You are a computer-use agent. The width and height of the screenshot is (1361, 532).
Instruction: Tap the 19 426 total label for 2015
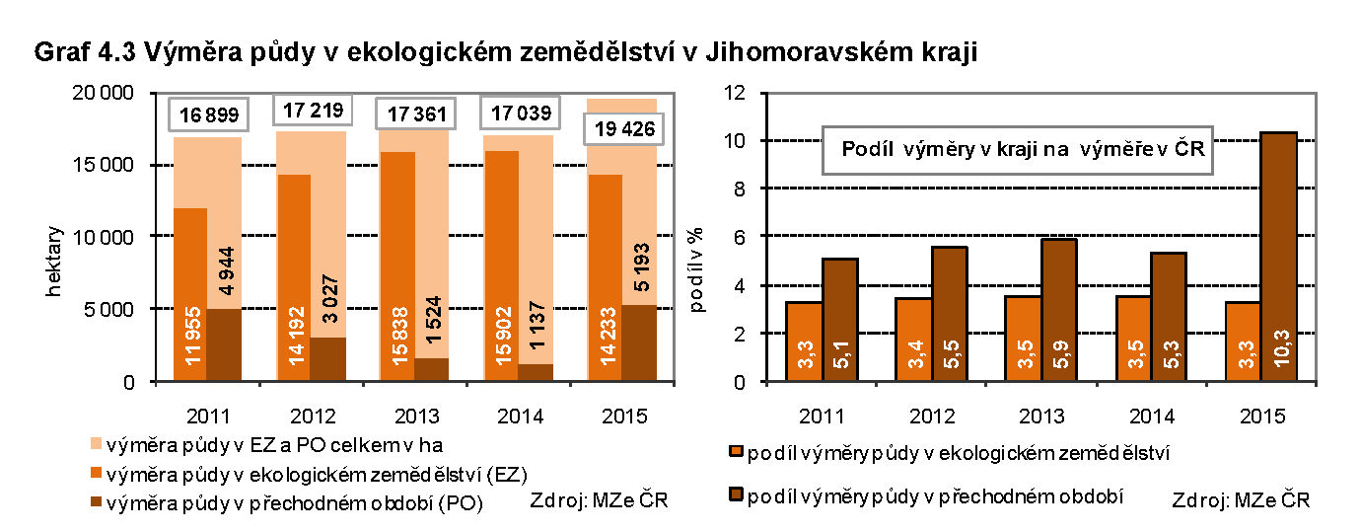click(621, 129)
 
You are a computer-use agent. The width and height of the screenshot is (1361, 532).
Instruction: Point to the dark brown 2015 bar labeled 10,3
click(1278, 257)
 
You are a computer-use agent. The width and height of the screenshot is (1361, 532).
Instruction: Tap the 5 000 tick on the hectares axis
click(108, 309)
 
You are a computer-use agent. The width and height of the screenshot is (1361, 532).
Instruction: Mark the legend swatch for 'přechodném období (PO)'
click(95, 502)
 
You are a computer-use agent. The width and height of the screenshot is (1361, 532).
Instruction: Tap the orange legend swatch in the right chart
click(735, 453)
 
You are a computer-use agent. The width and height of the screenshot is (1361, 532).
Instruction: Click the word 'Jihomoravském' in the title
click(802, 52)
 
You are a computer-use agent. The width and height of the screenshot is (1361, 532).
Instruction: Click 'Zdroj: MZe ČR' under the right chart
click(1241, 500)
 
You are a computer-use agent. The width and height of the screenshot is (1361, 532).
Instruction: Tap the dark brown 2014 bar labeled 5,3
click(1168, 316)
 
